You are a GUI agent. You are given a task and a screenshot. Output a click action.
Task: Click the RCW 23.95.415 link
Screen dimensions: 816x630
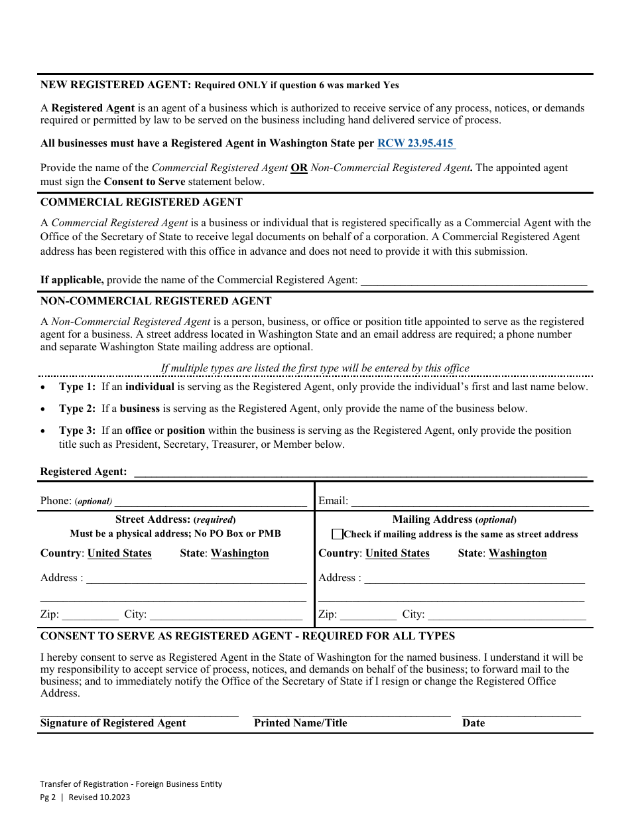tap(416, 143)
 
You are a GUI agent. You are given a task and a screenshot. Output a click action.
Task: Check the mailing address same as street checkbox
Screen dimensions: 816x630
tap(338, 534)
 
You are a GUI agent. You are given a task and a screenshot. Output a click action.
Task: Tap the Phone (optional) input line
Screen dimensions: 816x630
tap(211, 501)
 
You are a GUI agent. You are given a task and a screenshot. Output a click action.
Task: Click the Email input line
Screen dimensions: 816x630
tap(470, 501)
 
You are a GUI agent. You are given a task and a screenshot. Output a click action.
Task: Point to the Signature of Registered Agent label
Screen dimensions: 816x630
tap(113, 723)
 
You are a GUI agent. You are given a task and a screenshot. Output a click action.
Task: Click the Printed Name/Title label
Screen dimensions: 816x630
tap(300, 723)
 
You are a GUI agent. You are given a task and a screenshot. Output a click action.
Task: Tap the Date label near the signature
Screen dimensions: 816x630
tap(473, 723)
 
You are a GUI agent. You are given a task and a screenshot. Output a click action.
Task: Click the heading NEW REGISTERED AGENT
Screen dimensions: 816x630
tap(116, 85)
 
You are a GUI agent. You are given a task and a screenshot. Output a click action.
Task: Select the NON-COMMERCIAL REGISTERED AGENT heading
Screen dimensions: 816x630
tap(156, 301)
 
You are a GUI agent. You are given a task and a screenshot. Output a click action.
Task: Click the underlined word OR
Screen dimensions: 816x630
tap(299, 168)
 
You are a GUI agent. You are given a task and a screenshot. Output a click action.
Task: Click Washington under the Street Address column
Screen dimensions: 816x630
tap(240, 553)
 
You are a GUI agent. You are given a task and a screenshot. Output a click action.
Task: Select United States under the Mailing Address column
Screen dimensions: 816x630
tap(397, 553)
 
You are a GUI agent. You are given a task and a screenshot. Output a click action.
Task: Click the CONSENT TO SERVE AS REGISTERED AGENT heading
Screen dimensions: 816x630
tap(247, 636)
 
